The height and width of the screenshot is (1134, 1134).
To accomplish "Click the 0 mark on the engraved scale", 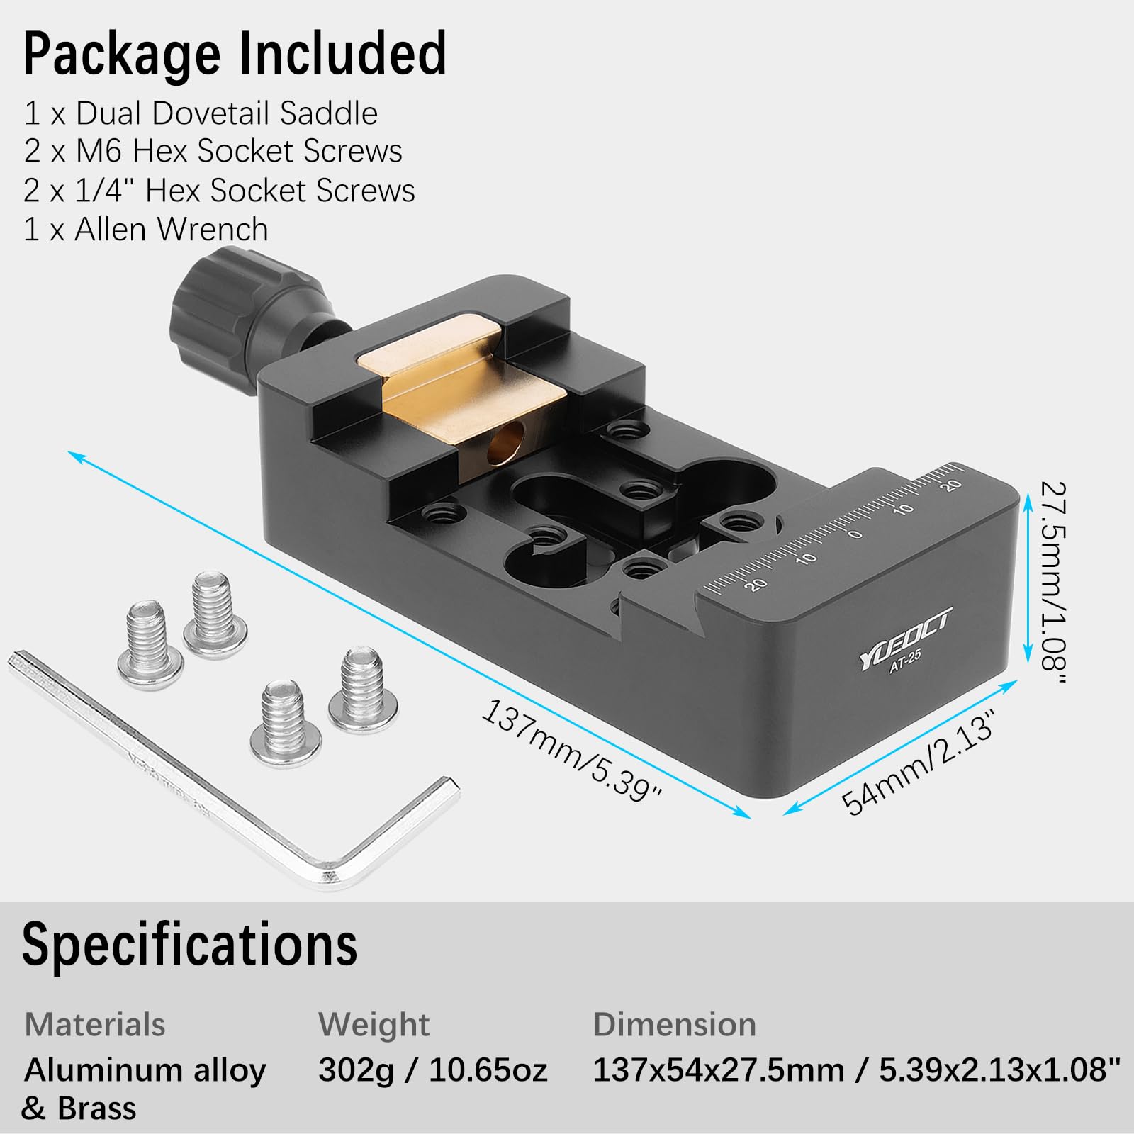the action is pos(855,533).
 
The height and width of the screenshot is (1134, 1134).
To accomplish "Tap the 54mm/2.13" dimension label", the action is pos(919,763).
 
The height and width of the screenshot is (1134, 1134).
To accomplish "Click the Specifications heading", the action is pos(189,944).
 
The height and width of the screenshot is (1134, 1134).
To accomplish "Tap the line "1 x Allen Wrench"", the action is pos(146,229).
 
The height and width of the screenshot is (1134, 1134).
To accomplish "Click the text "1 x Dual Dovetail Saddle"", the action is pos(201,113).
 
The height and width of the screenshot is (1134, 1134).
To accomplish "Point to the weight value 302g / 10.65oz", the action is pos(432,1070).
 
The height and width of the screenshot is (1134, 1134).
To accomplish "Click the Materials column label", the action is pos(95,1025).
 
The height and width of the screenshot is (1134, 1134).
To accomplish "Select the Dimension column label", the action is pos(674,1025).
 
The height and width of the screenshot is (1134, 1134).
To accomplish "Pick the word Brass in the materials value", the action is pos(97,1108).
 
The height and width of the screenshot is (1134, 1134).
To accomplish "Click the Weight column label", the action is pos(374,1025).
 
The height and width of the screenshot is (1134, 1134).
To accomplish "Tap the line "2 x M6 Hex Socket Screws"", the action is pos(213,151).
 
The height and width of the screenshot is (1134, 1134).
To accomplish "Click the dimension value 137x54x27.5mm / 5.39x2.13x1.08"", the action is pos(857,1070).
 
